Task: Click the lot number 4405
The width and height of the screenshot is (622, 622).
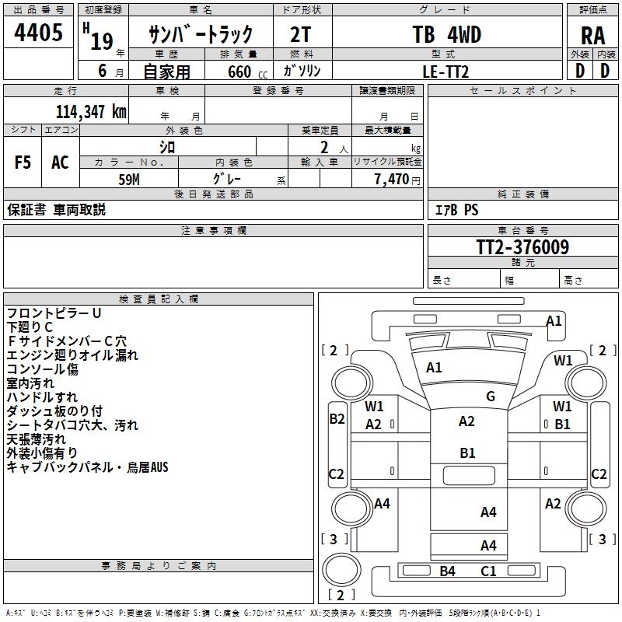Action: click(x=38, y=32)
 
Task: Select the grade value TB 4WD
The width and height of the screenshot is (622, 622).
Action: click(x=446, y=34)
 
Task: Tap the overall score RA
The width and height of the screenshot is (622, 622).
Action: click(x=593, y=36)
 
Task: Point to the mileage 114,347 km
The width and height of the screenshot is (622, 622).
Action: click(x=91, y=112)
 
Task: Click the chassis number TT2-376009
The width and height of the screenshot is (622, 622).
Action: click(x=522, y=246)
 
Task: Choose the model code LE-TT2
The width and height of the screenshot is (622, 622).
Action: click(x=446, y=72)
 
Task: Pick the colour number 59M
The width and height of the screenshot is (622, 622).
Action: click(x=129, y=180)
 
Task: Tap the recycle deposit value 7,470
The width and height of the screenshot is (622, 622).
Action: click(x=392, y=179)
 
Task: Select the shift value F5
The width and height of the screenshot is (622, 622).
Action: click(x=23, y=162)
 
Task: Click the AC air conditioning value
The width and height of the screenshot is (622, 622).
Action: click(x=60, y=162)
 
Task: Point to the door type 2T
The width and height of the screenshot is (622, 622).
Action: click(x=301, y=34)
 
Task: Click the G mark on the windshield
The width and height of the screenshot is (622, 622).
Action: click(x=491, y=396)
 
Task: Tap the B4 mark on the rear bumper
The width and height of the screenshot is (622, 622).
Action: click(x=448, y=571)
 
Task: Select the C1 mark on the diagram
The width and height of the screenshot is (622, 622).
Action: click(x=488, y=571)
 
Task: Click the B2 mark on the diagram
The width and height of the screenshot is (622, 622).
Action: click(x=337, y=419)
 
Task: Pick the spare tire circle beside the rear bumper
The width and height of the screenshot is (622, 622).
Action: click(x=341, y=570)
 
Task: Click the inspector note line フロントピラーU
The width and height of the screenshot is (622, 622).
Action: click(x=54, y=313)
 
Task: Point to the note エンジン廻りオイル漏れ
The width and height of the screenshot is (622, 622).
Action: click(x=72, y=355)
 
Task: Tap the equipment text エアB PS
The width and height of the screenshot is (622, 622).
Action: click(x=457, y=209)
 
